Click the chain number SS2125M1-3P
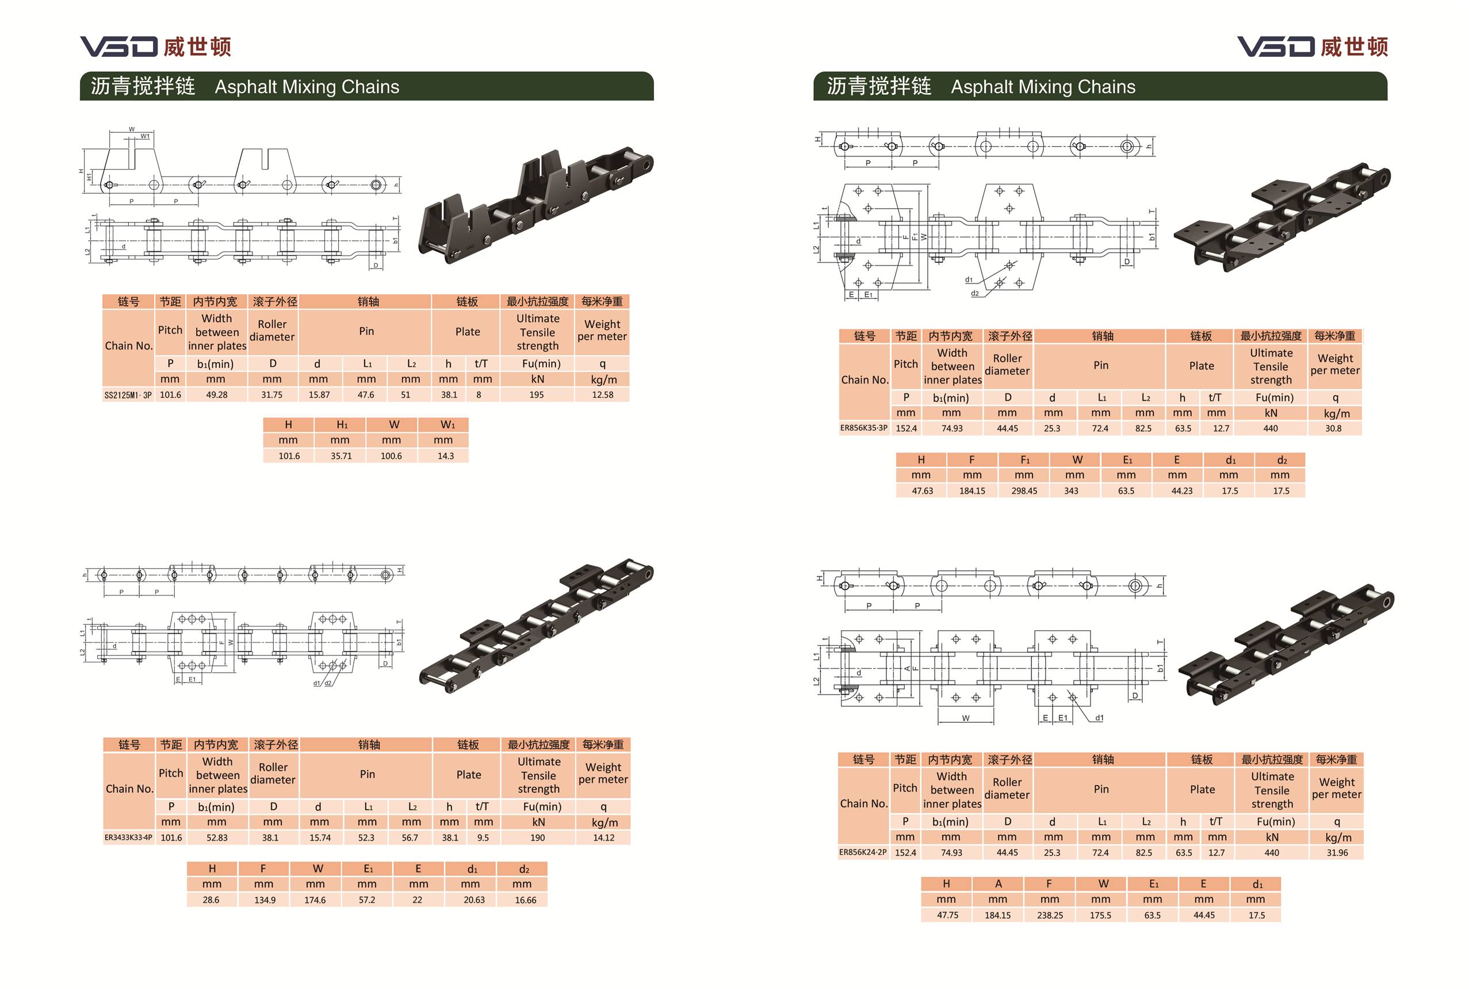pyautogui.click(x=128, y=396)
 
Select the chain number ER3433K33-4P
pyautogui.click(x=129, y=838)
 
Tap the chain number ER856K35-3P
pyautogui.click(x=863, y=428)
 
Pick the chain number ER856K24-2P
pyautogui.click(x=863, y=853)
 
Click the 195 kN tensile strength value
pyautogui.click(x=537, y=395)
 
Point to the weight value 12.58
pyautogui.click(x=603, y=395)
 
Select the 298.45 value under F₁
pyautogui.click(x=1024, y=490)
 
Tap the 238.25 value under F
pyautogui.click(x=1050, y=915)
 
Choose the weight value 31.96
pyautogui.click(x=1337, y=853)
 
